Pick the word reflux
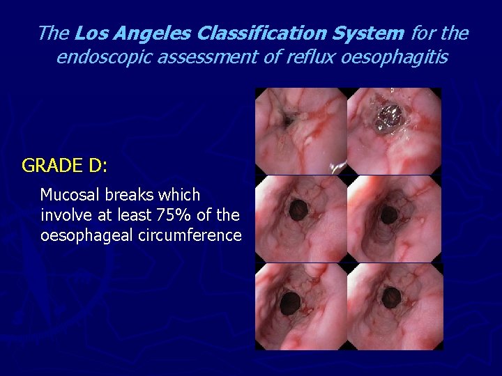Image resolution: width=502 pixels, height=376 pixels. (x=307, y=57)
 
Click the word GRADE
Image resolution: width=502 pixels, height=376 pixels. (x=50, y=166)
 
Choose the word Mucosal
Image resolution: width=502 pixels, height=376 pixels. (x=70, y=195)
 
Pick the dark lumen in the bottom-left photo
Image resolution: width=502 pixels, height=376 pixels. (x=290, y=302)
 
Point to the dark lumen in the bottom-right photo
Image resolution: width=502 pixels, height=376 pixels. (x=392, y=297)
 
